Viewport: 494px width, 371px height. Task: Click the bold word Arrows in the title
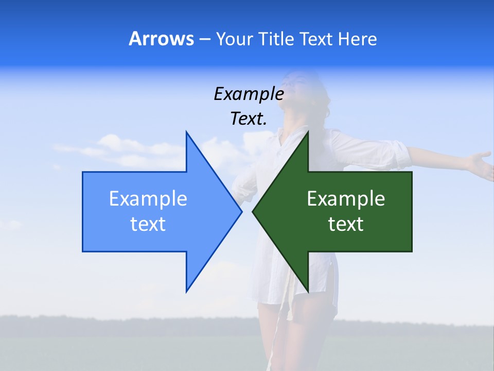coord(161,39)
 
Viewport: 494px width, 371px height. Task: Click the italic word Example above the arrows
coord(249,94)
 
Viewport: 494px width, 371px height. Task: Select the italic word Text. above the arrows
coord(249,119)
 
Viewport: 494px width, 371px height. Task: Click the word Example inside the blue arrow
coord(148,199)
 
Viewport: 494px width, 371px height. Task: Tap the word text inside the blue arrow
coord(148,224)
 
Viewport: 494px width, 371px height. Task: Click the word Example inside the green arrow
coord(346,199)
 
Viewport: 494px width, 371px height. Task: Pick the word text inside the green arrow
coord(346,224)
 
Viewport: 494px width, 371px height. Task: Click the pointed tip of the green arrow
coord(253,211)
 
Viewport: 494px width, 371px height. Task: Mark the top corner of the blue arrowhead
coord(186,132)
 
